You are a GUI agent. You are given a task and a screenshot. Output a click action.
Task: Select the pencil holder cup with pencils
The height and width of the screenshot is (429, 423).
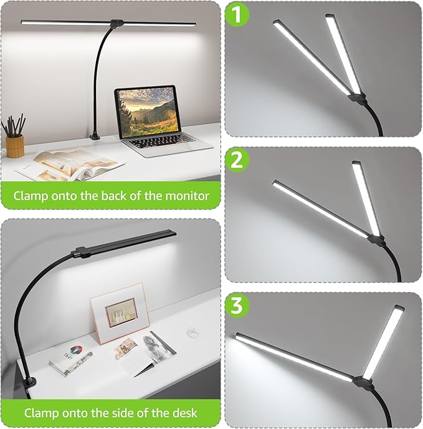[x=15, y=145]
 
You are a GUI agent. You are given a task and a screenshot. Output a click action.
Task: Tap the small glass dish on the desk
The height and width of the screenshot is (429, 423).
[x=196, y=332]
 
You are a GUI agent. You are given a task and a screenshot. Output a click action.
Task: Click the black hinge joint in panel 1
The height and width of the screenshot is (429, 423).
[x=356, y=99]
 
